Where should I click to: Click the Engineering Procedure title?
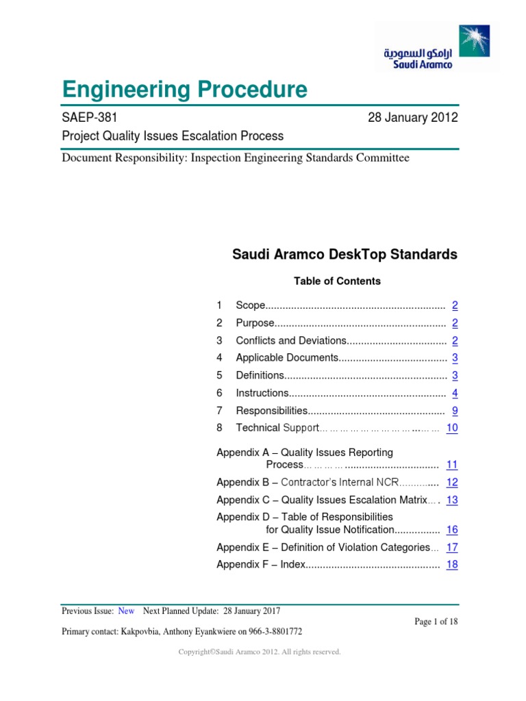[184, 89]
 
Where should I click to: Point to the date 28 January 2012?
[413, 118]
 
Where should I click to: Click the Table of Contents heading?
[337, 281]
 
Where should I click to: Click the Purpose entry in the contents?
[255, 322]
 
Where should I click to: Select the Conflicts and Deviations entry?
[291, 340]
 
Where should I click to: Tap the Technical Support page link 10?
[452, 428]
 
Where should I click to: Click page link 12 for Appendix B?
[452, 482]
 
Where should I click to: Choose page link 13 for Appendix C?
[452, 500]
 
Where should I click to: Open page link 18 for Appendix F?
[452, 565]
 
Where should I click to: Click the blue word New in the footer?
[126, 611]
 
